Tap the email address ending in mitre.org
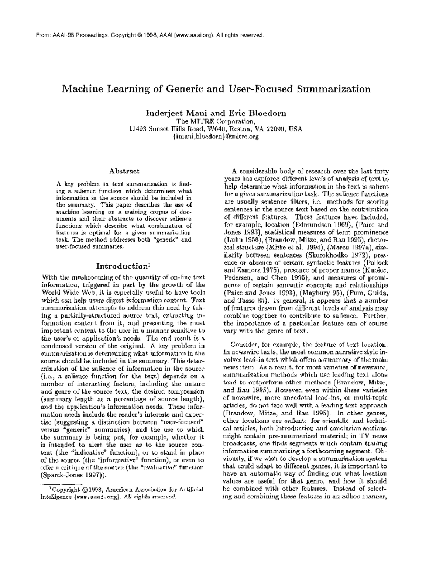[x=216, y=136]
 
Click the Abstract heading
[x=124, y=171]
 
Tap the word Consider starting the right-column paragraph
[x=244, y=345]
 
